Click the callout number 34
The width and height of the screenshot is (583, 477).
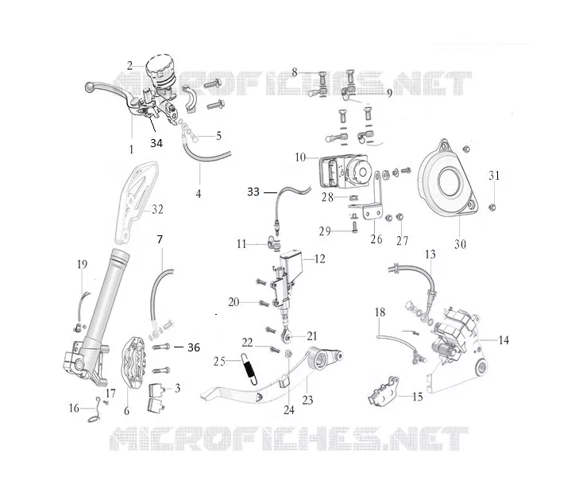click(x=156, y=143)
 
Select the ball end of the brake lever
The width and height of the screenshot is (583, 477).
click(x=90, y=87)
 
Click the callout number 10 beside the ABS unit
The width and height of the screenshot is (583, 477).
click(x=300, y=157)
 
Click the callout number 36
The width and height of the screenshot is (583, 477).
click(x=194, y=347)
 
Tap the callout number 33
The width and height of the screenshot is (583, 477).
click(x=253, y=192)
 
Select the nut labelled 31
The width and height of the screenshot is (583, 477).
click(x=492, y=207)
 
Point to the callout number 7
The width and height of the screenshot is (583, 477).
click(x=160, y=239)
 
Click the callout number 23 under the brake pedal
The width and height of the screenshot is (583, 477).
click(x=307, y=401)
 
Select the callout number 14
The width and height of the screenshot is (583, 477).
click(x=504, y=340)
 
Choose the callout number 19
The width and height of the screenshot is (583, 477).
click(x=82, y=265)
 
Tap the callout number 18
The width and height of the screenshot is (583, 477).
click(x=380, y=312)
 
